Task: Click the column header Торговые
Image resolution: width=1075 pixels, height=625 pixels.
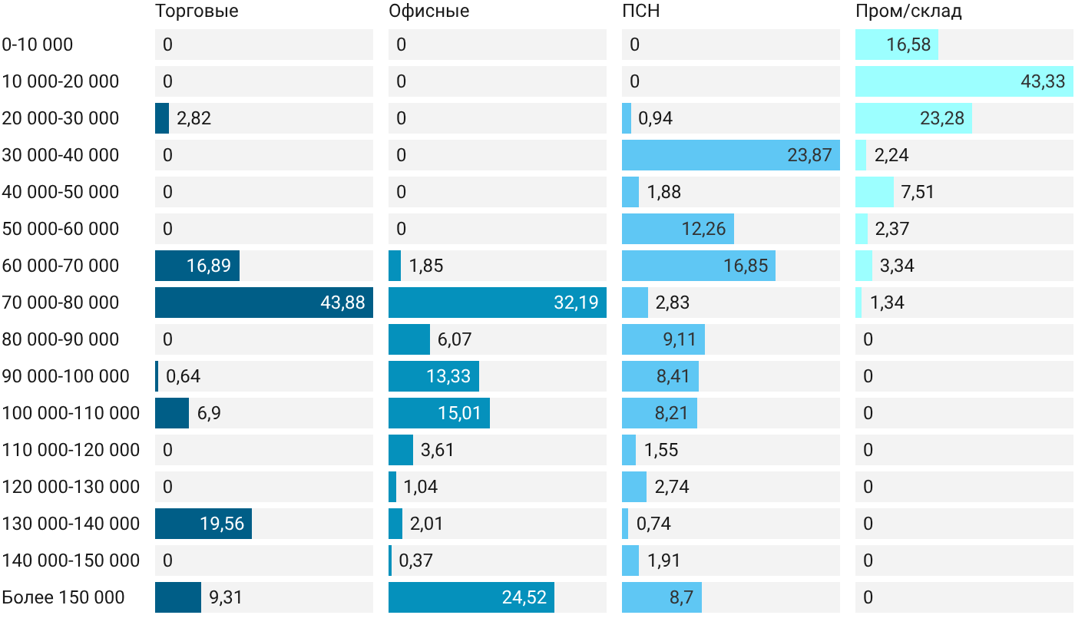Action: tap(197, 12)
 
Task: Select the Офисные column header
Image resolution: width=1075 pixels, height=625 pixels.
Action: tap(428, 12)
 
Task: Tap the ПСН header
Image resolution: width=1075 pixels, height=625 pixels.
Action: tap(640, 11)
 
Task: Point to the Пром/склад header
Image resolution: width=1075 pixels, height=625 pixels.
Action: tap(908, 12)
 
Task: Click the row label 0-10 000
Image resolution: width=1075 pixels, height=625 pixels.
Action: tap(38, 45)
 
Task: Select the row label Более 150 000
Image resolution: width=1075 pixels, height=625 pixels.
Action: tap(63, 597)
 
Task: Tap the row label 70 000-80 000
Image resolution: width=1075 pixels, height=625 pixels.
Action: tap(61, 303)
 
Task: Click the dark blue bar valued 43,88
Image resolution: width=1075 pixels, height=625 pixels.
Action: tap(264, 303)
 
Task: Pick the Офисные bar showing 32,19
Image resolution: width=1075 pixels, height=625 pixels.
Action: tap(498, 303)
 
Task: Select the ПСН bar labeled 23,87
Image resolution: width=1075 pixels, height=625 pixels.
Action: tap(731, 155)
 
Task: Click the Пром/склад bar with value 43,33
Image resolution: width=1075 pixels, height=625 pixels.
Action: tap(964, 81)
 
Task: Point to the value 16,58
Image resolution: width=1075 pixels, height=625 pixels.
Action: tap(908, 45)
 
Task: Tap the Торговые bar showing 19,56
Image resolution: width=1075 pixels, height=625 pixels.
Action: tap(203, 524)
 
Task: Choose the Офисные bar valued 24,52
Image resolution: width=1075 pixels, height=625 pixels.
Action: tap(471, 597)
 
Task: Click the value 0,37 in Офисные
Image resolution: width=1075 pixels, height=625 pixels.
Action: tap(415, 561)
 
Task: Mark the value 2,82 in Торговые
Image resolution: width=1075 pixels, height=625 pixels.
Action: tap(193, 118)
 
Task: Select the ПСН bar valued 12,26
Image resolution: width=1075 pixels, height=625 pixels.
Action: tap(677, 229)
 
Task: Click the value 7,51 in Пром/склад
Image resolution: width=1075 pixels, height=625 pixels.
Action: tap(918, 192)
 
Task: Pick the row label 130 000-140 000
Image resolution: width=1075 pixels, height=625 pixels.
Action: tap(71, 524)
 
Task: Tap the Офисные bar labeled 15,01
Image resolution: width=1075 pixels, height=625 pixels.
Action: tap(439, 413)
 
